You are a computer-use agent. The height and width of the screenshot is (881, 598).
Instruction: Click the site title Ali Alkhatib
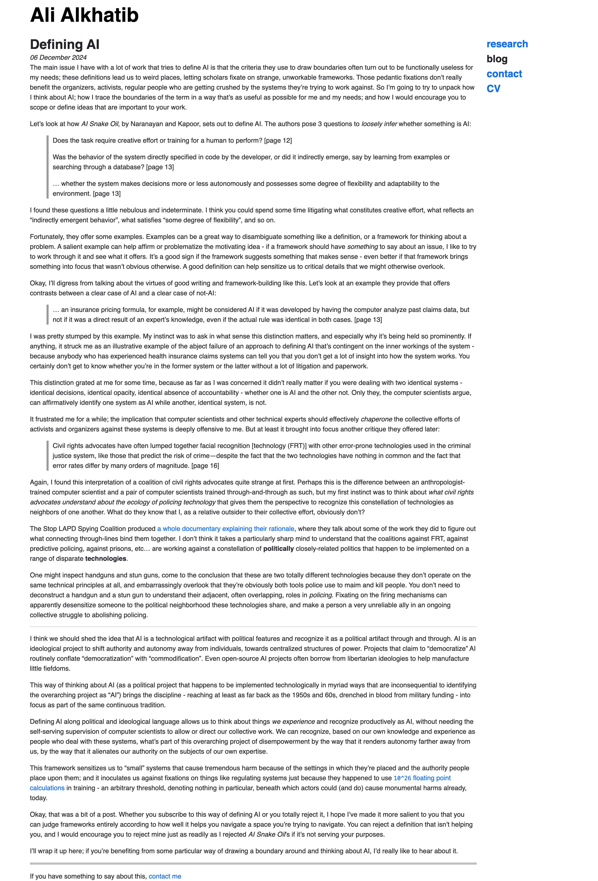pos(84,15)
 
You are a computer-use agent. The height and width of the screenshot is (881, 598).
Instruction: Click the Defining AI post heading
pos(65,44)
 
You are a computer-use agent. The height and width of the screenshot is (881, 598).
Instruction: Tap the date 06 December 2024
pos(58,58)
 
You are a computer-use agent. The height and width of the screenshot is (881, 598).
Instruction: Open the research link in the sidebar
pos(507,44)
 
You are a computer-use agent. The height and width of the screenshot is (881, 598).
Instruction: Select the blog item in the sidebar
pos(497,59)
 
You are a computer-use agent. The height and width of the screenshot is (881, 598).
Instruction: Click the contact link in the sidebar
pos(504,74)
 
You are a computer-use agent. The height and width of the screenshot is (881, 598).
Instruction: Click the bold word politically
pos(278,549)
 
